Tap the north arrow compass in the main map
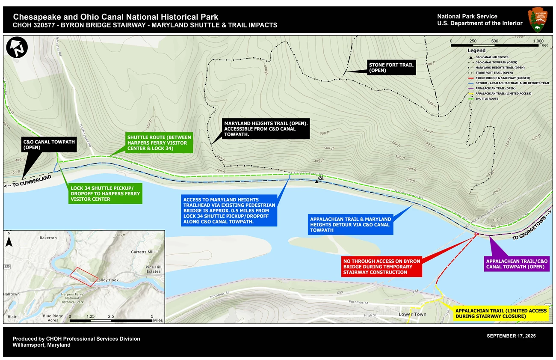click(x=17, y=47)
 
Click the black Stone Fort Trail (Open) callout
click(x=391, y=68)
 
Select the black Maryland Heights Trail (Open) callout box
click(x=265, y=129)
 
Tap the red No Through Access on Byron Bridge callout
click(x=382, y=266)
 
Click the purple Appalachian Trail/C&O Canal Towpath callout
click(x=517, y=263)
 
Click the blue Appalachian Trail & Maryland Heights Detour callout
click(x=350, y=225)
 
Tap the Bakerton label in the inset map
click(x=48, y=238)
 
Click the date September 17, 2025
click(x=511, y=336)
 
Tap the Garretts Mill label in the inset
click(x=143, y=252)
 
